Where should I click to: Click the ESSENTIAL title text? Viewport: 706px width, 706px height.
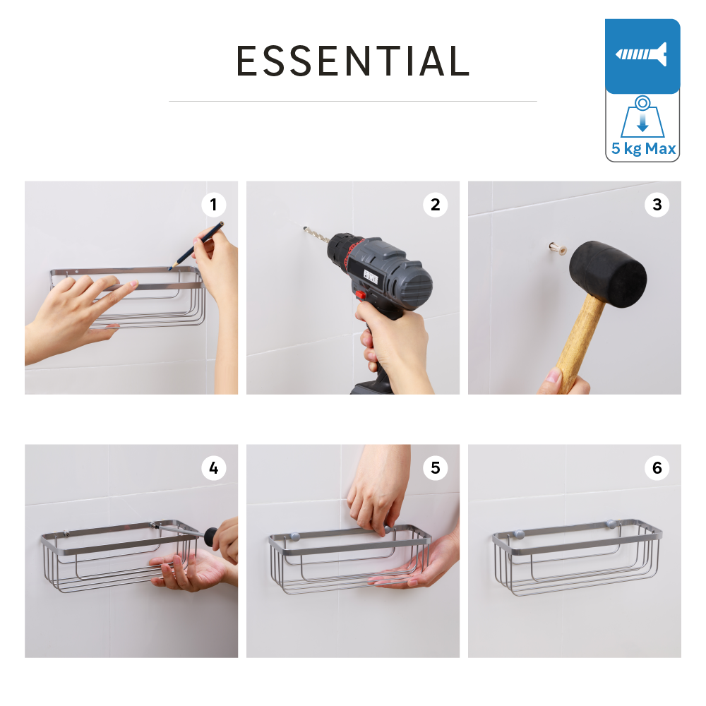(353, 61)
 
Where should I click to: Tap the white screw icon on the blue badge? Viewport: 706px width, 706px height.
(642, 54)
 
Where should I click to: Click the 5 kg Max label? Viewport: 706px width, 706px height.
(643, 149)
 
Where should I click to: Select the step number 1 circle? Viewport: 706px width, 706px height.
(213, 205)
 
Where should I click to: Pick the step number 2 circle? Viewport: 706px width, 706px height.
(435, 205)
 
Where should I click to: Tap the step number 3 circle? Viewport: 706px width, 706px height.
(657, 205)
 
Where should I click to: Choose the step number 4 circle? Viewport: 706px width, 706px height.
(213, 467)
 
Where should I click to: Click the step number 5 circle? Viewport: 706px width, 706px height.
(435, 467)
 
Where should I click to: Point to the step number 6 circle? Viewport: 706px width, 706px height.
(657, 467)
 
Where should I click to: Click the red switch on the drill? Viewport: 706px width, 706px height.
(360, 295)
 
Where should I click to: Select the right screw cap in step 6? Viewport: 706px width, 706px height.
(611, 525)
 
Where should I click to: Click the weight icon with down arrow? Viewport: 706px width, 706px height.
(642, 120)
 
